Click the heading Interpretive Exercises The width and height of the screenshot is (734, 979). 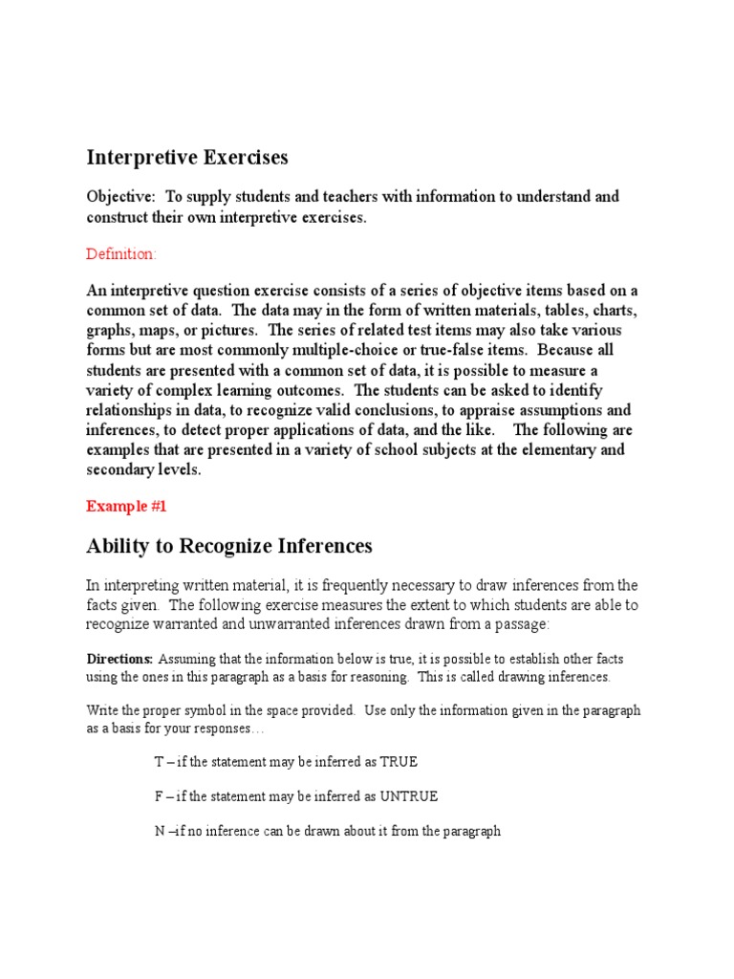pos(187,157)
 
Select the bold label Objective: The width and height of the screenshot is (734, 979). pos(120,197)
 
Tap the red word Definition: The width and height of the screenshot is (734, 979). pos(121,254)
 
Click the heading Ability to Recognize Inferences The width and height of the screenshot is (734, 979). pos(229,546)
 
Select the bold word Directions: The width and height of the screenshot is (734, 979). pos(119,660)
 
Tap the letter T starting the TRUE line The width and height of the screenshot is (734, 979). pos(159,762)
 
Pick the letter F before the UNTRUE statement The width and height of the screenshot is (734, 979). pos(159,796)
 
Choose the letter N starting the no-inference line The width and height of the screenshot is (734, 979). pos(160,831)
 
